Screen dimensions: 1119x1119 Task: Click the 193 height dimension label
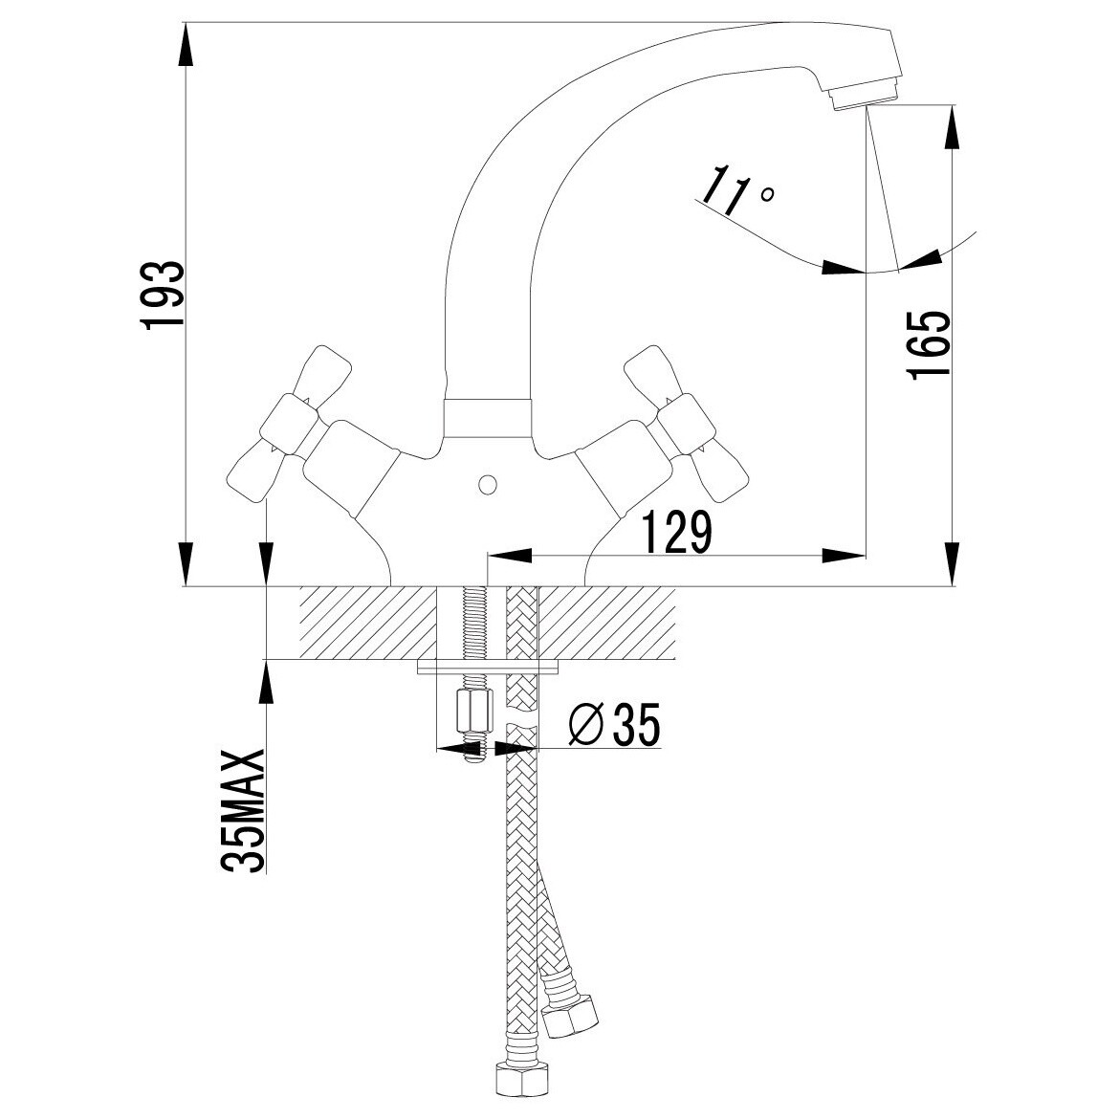point(164,295)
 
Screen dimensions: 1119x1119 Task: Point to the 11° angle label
point(735,192)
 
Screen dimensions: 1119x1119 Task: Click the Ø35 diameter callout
point(614,724)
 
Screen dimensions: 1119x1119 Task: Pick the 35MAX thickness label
point(243,810)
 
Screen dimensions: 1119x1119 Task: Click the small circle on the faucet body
point(488,485)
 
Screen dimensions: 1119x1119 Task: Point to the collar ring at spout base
point(488,418)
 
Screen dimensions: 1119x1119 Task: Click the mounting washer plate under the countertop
point(488,667)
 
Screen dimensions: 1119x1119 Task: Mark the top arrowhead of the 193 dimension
point(186,47)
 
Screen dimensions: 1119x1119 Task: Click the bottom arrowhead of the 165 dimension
point(952,563)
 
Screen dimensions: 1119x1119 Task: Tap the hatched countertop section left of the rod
point(367,623)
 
